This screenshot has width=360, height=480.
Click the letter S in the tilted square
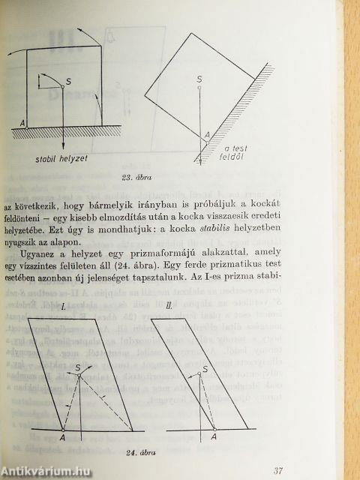click(199, 78)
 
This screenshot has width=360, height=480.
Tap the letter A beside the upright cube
click(25, 123)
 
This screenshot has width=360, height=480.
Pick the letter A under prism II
click(214, 437)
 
